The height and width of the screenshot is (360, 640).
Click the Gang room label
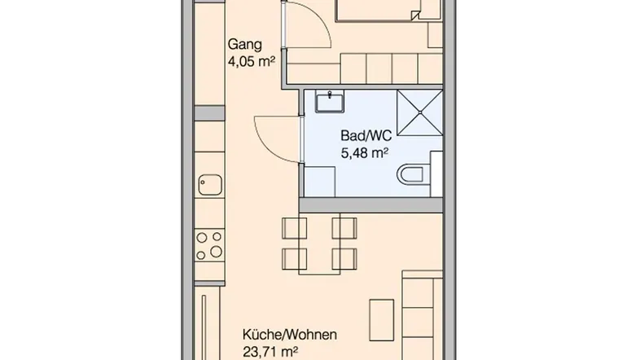[x=244, y=45]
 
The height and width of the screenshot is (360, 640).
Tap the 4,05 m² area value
[x=251, y=62]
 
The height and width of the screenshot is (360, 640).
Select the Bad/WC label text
[x=366, y=135]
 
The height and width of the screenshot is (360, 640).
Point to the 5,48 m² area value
[x=364, y=153]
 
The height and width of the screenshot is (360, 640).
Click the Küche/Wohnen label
[x=290, y=335]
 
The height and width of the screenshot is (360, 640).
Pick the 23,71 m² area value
[x=270, y=351]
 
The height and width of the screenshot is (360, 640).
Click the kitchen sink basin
[x=210, y=185]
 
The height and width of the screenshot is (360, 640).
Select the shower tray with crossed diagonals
[x=419, y=112]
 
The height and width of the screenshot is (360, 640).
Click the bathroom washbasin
[x=330, y=101]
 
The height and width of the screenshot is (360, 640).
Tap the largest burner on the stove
[x=216, y=252]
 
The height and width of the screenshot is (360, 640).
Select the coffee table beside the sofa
[x=382, y=320]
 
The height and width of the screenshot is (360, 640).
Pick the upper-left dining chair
[x=294, y=228]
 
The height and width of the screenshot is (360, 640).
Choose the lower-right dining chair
[x=344, y=259]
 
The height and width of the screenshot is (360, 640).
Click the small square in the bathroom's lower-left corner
[x=320, y=182]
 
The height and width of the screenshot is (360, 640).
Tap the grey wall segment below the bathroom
[x=371, y=205]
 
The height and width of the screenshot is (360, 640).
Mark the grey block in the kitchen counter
[x=210, y=113]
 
